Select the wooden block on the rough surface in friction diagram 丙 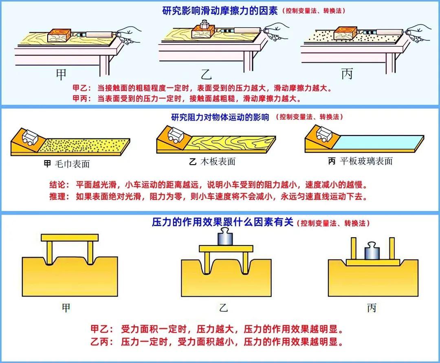tap(345, 33)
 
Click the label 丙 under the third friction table tap(347, 73)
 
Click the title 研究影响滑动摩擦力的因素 tap(220, 11)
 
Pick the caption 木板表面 tap(218, 162)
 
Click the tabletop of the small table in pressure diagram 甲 tap(70, 238)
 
